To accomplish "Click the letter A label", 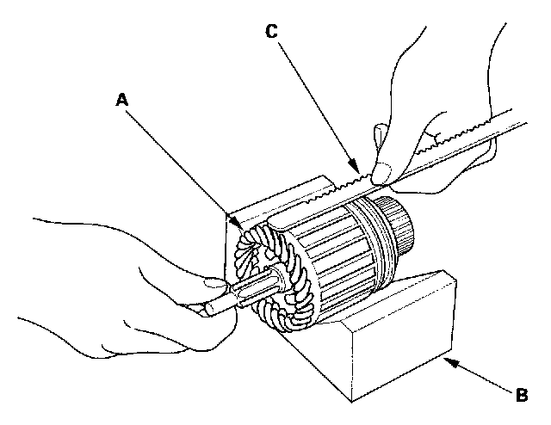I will (x=122, y=100).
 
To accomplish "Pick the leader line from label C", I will (x=314, y=104).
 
